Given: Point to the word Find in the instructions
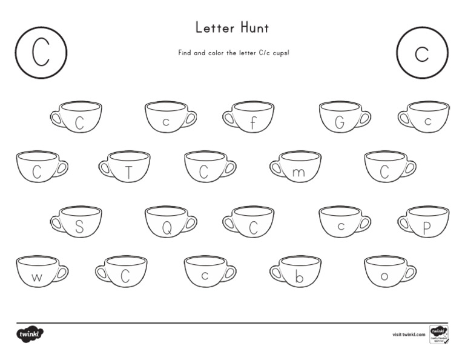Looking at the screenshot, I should [185, 53].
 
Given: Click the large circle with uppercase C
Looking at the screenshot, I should [41, 53].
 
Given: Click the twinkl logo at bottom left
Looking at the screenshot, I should [31, 334].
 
